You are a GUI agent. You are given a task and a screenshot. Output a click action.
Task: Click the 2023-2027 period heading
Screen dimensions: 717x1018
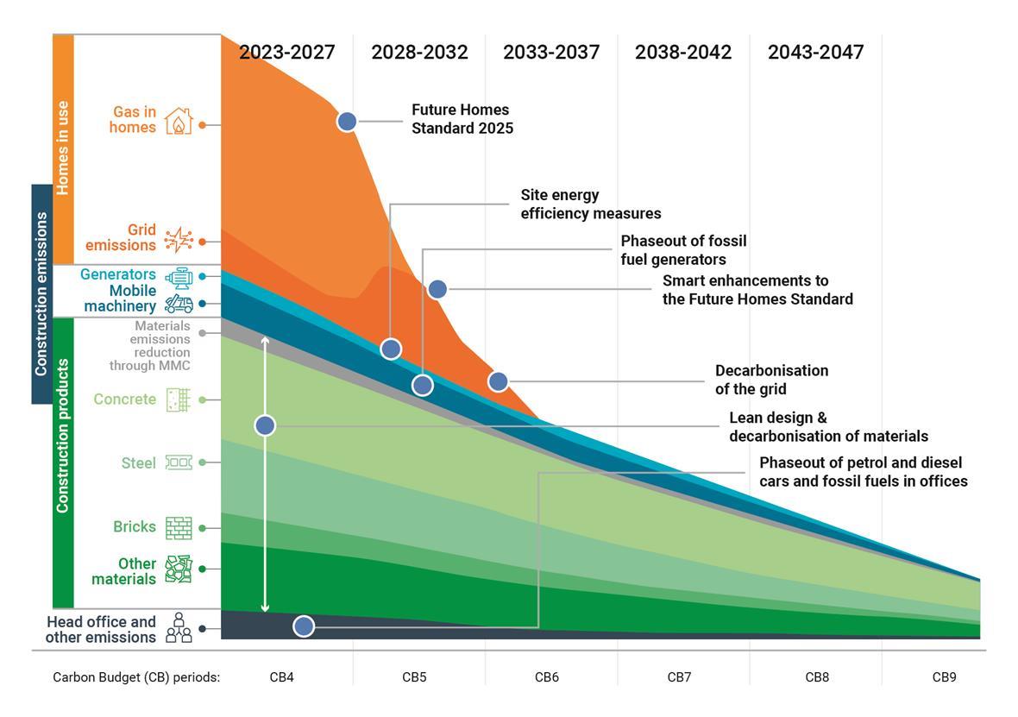coord(286,52)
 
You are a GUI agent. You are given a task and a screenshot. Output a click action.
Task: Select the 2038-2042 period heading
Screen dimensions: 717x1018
coord(683,52)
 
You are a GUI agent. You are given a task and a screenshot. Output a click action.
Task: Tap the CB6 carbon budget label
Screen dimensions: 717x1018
coord(546,677)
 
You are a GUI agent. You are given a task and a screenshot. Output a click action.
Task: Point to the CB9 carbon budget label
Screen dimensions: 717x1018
coord(944,677)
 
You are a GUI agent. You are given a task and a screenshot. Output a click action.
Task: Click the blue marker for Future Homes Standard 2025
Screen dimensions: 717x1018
coord(347,121)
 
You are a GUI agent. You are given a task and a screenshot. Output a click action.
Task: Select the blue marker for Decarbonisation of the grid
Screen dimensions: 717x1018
coord(498,381)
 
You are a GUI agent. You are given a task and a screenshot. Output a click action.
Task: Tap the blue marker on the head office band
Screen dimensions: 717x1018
coord(304,626)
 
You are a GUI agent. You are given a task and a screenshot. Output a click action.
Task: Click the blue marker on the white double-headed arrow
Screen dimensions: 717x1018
coord(265,425)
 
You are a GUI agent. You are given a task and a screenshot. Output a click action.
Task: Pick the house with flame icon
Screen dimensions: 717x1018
coord(179,121)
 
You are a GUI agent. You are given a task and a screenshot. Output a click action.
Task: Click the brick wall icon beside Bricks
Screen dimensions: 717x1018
coord(179,528)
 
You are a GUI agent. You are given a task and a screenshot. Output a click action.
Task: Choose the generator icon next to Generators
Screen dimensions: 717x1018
coord(179,277)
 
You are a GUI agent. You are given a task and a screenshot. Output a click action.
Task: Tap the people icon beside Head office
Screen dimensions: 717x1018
coord(179,629)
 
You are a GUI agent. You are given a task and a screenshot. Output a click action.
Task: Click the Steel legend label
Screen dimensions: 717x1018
coord(138,463)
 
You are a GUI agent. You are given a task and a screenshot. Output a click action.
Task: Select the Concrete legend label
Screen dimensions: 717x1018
coord(124,399)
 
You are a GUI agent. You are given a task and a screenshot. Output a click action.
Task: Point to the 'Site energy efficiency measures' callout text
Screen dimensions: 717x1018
coord(590,204)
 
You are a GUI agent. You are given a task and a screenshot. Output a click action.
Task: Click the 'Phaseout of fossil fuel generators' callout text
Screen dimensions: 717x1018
coord(683,250)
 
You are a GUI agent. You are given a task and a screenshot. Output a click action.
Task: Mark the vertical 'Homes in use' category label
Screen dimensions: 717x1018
coord(63,148)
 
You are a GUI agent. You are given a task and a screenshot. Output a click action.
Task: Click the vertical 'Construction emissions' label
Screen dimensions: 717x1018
coord(41,293)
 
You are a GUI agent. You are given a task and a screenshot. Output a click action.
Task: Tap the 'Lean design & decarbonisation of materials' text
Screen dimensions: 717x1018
coord(828,427)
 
